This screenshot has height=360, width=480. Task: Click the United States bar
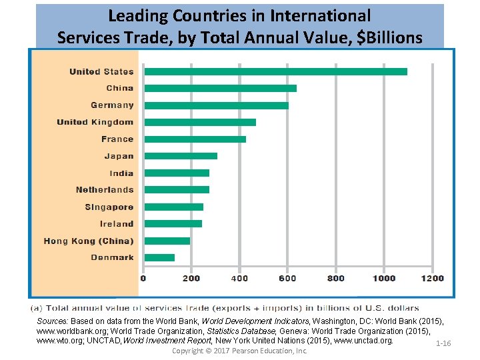coord(276,71)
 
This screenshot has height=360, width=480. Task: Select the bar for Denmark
coord(159,258)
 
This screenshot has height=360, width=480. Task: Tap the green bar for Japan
coord(181,156)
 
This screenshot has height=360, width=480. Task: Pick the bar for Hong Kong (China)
coord(167,241)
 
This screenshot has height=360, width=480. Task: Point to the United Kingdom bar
coord(200,123)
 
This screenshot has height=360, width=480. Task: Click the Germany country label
coord(113,105)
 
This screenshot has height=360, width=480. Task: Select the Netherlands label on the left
coord(105,190)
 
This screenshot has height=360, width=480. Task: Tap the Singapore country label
coord(109,207)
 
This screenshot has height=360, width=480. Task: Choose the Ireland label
coord(117,224)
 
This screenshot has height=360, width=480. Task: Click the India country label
coord(122,173)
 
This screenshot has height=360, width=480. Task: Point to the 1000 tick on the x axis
coord(384,278)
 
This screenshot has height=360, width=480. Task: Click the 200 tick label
coord(191,278)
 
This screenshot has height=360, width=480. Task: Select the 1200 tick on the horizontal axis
coord(432,278)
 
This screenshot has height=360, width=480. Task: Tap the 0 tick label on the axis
coord(143,278)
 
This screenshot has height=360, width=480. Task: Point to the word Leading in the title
coord(138,17)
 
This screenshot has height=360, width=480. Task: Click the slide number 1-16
coord(443,343)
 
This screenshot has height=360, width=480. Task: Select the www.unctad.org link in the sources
coord(363,341)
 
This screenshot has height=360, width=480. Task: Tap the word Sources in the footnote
coord(52,321)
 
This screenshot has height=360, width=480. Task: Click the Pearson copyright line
coord(239,351)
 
